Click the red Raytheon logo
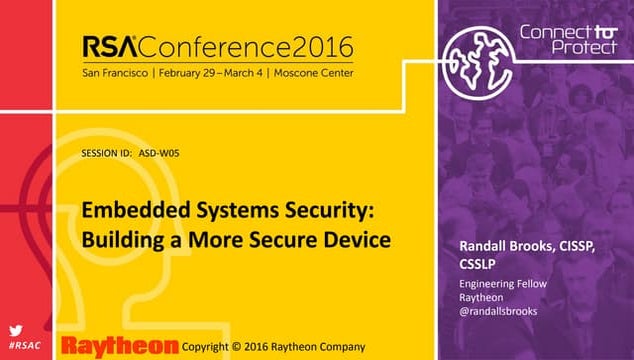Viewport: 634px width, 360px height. pyautogui.click(x=120, y=344)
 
